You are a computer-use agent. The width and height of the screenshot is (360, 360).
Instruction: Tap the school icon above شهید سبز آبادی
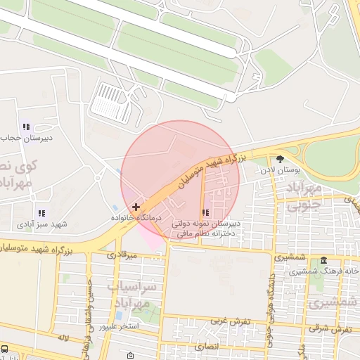pyautogui.click(x=41, y=212)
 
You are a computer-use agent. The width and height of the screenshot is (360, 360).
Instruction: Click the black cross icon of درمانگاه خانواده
pyautogui.click(x=136, y=207)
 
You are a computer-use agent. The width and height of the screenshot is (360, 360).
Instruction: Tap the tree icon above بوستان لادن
pyautogui.click(x=281, y=159)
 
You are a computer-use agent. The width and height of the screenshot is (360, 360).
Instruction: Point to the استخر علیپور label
pyautogui.click(x=119, y=327)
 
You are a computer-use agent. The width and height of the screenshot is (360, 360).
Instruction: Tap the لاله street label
pyautogui.click(x=64, y=338)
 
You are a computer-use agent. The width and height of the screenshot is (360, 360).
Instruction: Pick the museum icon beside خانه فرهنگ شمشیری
pyautogui.click(x=323, y=260)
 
